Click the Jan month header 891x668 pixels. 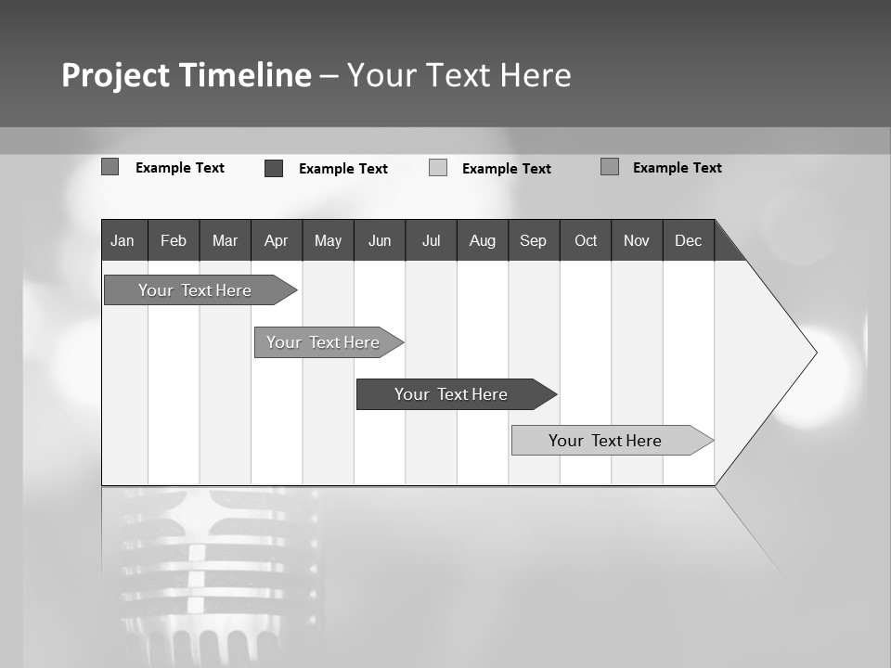pyautogui.click(x=123, y=240)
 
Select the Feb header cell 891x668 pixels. pyautogui.click(x=174, y=240)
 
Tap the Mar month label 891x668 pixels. pyautogui.click(x=225, y=240)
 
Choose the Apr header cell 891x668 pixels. pyautogui.click(x=276, y=240)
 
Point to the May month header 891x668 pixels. pyautogui.click(x=328, y=240)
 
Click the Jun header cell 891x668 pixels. pyautogui.click(x=380, y=240)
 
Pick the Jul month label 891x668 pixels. pyautogui.click(x=431, y=240)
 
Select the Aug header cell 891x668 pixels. pyautogui.click(x=483, y=240)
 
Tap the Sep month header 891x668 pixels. pyautogui.click(x=533, y=240)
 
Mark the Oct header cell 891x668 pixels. pyautogui.click(x=586, y=240)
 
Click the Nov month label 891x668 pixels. pyautogui.click(x=637, y=240)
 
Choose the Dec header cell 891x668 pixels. pyautogui.click(x=688, y=240)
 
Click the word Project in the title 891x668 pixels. pyautogui.click(x=115, y=75)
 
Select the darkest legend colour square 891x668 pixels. pyautogui.click(x=274, y=168)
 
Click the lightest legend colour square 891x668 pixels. pyautogui.click(x=438, y=168)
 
